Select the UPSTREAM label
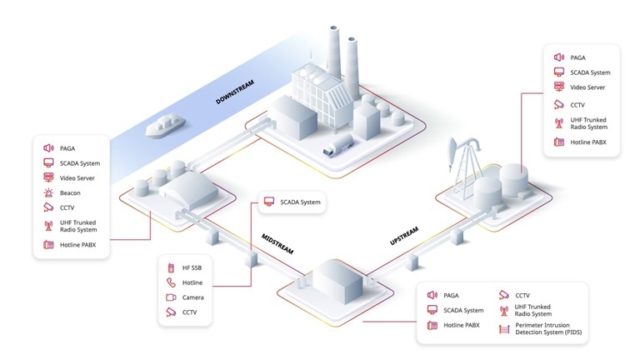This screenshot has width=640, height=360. pos(403,236)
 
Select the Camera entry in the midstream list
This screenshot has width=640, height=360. pos(193,297)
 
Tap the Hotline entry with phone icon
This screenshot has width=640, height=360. pos(193,283)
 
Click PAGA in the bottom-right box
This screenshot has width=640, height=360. pos(452,295)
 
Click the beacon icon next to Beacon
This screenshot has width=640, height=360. pos(48,192)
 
